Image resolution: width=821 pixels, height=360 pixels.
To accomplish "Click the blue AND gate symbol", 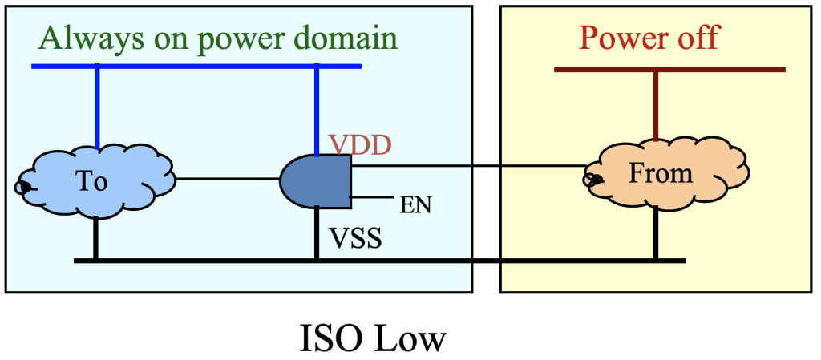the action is [x=316, y=181].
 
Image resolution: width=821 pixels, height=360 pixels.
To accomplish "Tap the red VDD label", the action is [x=360, y=145].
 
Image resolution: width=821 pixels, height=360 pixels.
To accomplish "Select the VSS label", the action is [x=355, y=237].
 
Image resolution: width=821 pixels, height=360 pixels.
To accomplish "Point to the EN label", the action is [x=415, y=205].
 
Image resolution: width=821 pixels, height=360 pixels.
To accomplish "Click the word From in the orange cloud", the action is [x=661, y=173].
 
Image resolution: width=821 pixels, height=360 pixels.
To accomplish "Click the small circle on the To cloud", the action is [x=22, y=187].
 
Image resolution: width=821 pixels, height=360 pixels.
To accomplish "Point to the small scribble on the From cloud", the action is [x=592, y=180].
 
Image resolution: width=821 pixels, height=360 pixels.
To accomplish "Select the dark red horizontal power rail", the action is [x=669, y=70].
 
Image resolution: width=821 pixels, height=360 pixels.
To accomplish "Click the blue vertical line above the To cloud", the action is [x=97, y=107].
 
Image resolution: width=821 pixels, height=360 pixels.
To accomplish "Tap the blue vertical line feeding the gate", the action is [x=316, y=111].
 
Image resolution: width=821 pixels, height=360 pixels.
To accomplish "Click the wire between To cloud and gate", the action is [x=228, y=179].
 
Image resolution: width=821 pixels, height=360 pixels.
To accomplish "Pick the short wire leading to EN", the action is [x=372, y=197].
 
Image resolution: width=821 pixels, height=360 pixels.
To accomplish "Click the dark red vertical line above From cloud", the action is [x=656, y=106].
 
